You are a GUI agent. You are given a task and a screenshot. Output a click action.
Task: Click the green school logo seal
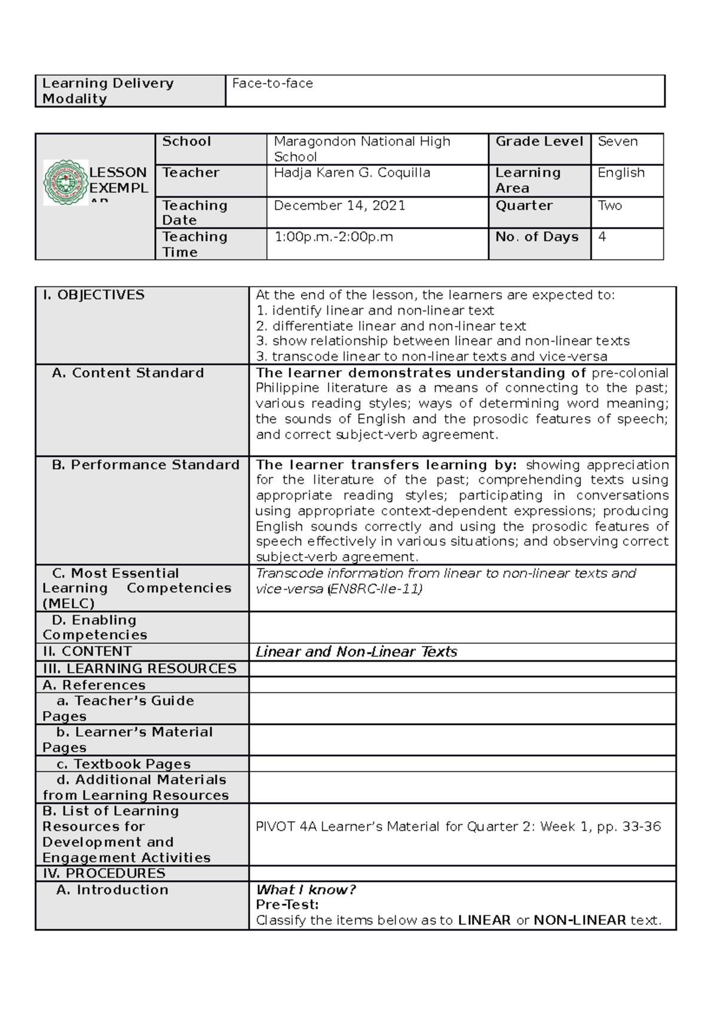pos(66,183)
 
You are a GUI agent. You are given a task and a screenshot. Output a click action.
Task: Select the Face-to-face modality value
pos(272,84)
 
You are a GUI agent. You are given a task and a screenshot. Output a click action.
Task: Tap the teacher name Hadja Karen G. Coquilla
pos(351,173)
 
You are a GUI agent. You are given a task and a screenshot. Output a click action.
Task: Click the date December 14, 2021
pos(339,205)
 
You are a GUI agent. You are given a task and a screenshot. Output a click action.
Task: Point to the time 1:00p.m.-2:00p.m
pos(333,237)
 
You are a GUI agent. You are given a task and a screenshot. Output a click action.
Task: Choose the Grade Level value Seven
pos(617,142)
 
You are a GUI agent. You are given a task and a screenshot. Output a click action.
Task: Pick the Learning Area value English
pos(621,173)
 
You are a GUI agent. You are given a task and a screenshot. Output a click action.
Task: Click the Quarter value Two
pos(609,205)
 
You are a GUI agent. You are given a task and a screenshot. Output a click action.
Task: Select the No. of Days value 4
pos(602,236)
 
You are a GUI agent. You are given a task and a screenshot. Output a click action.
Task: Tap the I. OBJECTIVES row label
pos(93,295)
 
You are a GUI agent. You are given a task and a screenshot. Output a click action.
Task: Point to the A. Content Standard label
pos(128,373)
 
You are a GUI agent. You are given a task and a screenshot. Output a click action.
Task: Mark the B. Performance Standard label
pos(145,465)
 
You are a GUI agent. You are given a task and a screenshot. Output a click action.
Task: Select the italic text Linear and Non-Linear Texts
pos(356,652)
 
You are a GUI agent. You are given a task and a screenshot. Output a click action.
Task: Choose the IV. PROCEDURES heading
pos(103,873)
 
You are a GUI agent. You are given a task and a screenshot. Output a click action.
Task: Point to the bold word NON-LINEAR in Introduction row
pos(579,920)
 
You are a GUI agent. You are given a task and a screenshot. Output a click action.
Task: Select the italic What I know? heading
pos(305,890)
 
